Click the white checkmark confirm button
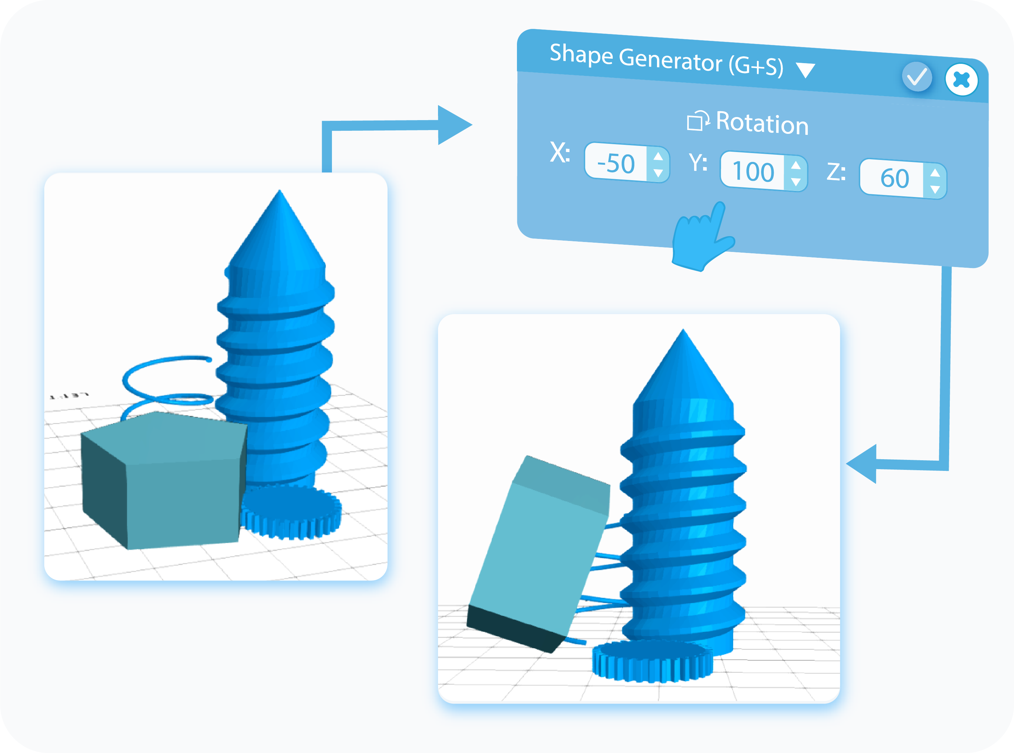[x=917, y=77]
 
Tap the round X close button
[x=961, y=80]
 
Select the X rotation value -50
[x=616, y=163]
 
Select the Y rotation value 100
[x=753, y=171]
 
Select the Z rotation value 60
[x=894, y=178]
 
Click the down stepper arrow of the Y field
[x=796, y=182]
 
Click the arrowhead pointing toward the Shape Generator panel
[x=454, y=125]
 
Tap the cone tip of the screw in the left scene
[x=279, y=196]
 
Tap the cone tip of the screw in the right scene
[x=682, y=335]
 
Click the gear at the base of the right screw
[x=652, y=661]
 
